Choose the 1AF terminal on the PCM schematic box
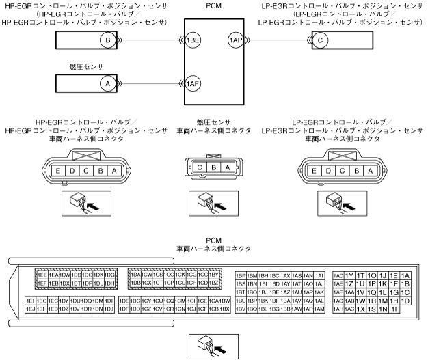click(x=193, y=83)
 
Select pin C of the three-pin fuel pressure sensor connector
click(x=199, y=167)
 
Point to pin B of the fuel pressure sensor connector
click(x=213, y=167)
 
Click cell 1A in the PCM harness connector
click(x=405, y=275)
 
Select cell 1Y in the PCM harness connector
click(x=349, y=275)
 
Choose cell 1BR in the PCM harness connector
click(x=240, y=275)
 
